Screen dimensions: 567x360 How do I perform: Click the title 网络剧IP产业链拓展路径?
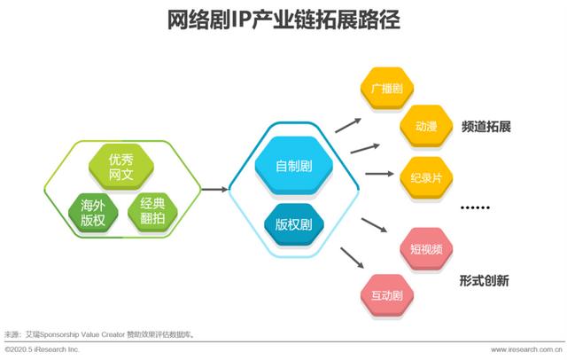[x=283, y=20]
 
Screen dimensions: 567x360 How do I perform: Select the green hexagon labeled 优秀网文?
[x=121, y=167]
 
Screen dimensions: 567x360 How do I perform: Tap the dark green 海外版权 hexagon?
[x=93, y=213]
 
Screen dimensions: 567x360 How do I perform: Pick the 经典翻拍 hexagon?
[x=152, y=211]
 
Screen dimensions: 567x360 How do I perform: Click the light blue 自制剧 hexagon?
[x=293, y=166]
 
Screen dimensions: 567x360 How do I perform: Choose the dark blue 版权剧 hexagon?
[x=293, y=224]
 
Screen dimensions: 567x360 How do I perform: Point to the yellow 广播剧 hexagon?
[x=387, y=88]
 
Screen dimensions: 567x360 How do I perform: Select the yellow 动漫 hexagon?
[x=426, y=126]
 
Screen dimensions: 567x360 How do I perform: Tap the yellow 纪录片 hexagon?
[x=426, y=177]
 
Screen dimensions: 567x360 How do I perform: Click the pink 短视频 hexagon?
[x=426, y=249]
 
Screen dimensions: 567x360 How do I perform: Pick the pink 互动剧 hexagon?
[x=387, y=295]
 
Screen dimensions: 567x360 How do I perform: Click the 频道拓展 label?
[x=486, y=127]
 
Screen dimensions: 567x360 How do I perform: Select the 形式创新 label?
[x=485, y=280]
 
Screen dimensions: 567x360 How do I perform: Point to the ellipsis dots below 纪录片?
[x=475, y=207]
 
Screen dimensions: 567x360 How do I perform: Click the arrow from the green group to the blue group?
[x=214, y=189]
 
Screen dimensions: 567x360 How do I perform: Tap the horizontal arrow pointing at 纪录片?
[x=379, y=174]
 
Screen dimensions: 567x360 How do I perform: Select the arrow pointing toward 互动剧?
[x=352, y=258]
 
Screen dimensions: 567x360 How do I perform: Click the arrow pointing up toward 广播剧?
[x=348, y=125]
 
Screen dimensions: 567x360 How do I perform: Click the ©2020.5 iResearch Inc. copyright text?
[x=42, y=350]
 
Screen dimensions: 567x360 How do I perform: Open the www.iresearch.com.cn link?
[x=526, y=350]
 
